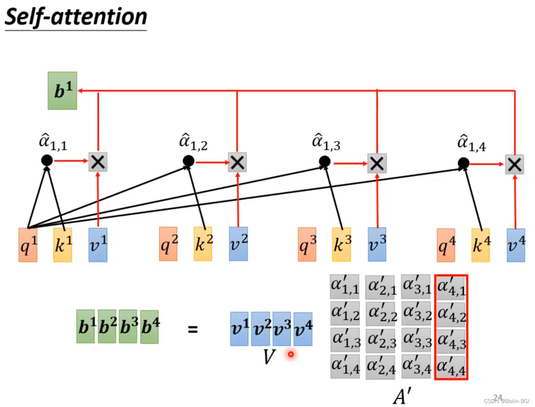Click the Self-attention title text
click(76, 17)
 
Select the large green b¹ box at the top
click(62, 91)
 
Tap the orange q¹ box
click(28, 245)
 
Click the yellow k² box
click(203, 244)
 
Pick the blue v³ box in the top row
click(377, 244)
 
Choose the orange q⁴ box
click(446, 245)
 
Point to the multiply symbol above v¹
click(98, 162)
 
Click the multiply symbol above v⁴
click(515, 164)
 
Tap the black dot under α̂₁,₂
click(189, 161)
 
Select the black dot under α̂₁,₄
click(464, 163)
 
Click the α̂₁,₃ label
click(326, 142)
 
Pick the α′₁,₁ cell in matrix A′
click(345, 287)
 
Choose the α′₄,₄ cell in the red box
click(451, 367)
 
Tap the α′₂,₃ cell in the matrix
click(381, 340)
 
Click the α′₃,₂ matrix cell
click(416, 313)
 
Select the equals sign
click(192, 329)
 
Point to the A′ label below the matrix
click(402, 396)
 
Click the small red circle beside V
click(291, 354)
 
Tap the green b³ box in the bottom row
click(128, 327)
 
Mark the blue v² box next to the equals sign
click(261, 329)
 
